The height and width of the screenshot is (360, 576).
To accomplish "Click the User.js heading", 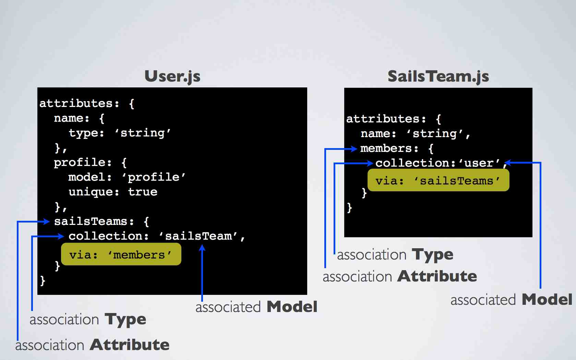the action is [172, 76].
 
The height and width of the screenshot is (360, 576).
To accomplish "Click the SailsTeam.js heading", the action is [438, 76].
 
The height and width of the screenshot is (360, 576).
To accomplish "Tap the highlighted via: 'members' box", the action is [121, 254].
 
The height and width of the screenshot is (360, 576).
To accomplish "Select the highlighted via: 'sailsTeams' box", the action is [438, 180].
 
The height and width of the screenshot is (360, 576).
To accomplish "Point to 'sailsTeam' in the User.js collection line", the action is [198, 236].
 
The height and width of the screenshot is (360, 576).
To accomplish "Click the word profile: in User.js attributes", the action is [83, 163].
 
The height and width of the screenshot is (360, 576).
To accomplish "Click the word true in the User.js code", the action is [143, 192].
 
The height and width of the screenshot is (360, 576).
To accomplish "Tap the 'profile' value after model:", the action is [154, 177].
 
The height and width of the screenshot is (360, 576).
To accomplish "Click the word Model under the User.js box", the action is [292, 307].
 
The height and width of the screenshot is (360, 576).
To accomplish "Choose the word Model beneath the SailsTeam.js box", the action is [547, 300].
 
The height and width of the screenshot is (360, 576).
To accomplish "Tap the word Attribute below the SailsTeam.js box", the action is [437, 276].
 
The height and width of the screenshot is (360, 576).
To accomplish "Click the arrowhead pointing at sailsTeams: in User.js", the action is [47, 222].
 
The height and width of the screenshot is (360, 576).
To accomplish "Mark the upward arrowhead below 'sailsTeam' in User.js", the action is [202, 248].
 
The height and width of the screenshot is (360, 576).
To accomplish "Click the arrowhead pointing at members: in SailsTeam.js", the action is [354, 149].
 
